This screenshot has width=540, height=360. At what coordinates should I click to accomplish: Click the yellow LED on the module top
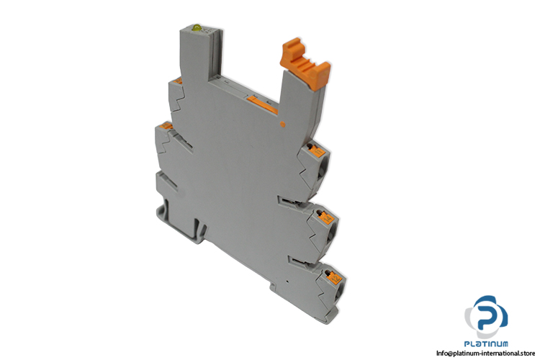(197, 27)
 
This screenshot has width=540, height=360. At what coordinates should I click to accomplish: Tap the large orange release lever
(305, 64)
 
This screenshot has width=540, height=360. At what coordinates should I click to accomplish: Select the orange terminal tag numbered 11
(318, 151)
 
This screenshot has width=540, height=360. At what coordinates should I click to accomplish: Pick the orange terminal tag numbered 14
(325, 217)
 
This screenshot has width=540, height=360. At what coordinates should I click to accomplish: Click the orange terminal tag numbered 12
(333, 277)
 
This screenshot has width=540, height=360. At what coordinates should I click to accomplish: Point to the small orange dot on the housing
(283, 125)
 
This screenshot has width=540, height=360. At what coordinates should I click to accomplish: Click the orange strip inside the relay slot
(262, 105)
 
